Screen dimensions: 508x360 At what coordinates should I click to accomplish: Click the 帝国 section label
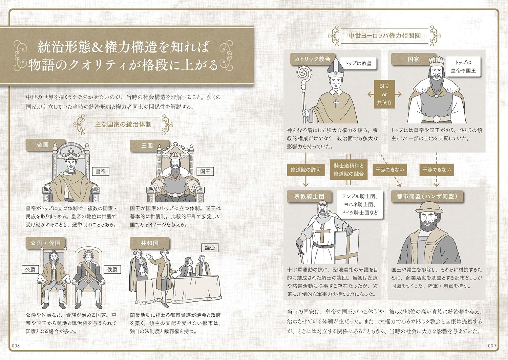point(43,145)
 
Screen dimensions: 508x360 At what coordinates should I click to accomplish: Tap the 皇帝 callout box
point(101,171)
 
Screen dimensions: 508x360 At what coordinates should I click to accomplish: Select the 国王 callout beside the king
point(205,171)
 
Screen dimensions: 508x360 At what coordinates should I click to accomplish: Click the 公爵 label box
point(30,269)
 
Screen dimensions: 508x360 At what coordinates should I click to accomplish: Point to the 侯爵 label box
point(112,269)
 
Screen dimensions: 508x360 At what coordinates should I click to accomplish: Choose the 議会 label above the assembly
point(210,248)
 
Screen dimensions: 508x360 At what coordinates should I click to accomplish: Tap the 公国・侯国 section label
point(45,243)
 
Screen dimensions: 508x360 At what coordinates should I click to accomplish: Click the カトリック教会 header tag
point(312,59)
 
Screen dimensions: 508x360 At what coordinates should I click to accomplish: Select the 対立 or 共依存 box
point(384,94)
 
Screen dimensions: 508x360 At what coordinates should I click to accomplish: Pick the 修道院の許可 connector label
point(305,170)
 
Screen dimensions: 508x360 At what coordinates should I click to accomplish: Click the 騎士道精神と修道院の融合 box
point(348,170)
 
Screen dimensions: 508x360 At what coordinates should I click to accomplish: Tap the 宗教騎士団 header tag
point(309,196)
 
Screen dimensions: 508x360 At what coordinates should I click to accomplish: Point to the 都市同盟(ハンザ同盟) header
point(427,196)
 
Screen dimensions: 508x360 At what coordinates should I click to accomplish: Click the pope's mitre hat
point(335,68)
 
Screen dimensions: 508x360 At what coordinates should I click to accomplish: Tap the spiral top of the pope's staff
point(303,72)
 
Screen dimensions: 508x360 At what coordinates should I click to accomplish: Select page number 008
point(16,345)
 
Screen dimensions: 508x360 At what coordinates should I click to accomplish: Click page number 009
point(492,345)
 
